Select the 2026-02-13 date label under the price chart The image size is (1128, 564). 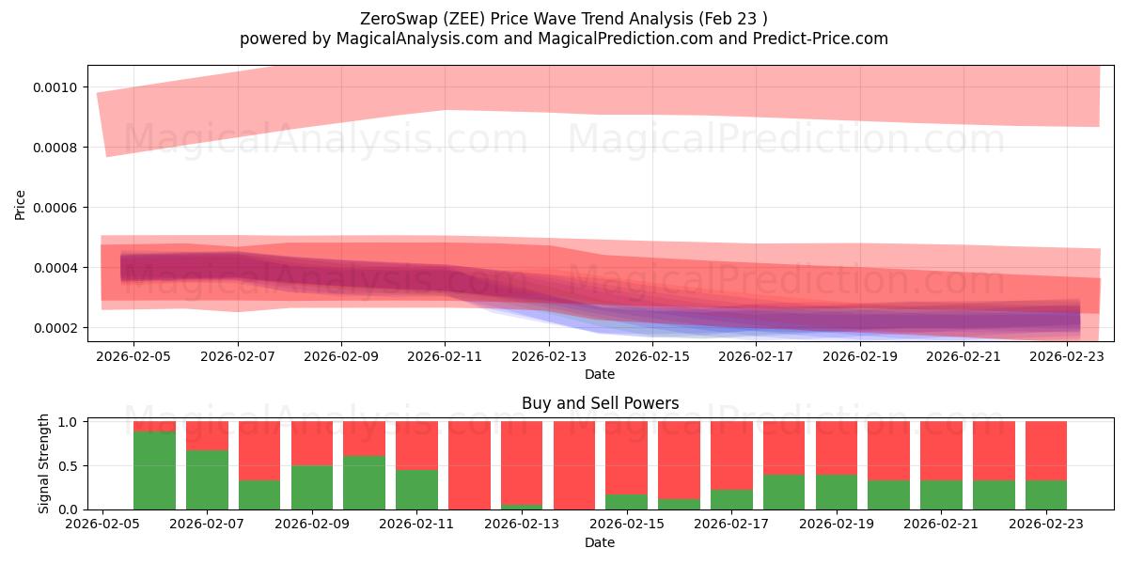pyautogui.click(x=548, y=356)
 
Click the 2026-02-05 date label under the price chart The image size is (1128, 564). pyautogui.click(x=133, y=356)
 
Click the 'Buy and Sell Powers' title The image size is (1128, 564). pyautogui.click(x=600, y=404)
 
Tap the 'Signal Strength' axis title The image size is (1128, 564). pyautogui.click(x=44, y=465)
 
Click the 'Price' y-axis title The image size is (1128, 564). pyautogui.click(x=21, y=204)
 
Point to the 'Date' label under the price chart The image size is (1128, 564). pyautogui.click(x=600, y=374)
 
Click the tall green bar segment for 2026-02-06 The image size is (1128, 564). pyautogui.click(x=154, y=470)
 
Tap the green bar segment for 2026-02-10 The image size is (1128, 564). pyautogui.click(x=364, y=482)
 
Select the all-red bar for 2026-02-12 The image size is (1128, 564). pyautogui.click(x=469, y=465)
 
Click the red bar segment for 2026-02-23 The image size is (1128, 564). pyautogui.click(x=1045, y=450)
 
